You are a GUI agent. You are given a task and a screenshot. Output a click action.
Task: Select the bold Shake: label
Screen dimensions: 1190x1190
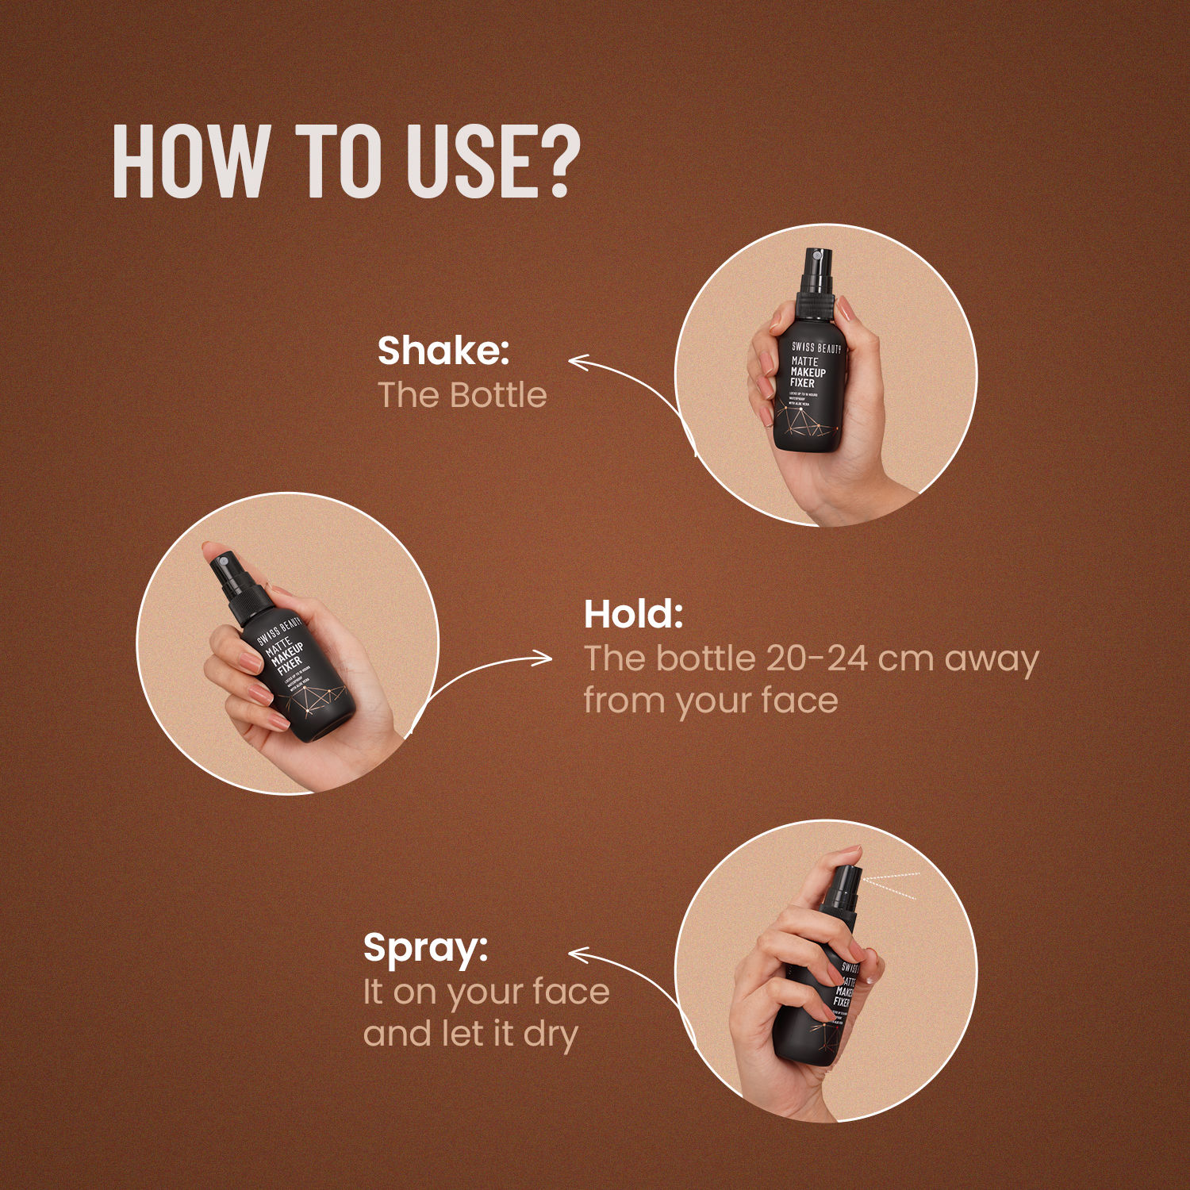pos(443,351)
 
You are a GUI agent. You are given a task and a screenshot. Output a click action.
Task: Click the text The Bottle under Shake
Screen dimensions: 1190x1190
pos(462,395)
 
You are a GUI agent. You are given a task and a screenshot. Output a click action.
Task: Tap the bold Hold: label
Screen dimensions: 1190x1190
pos(633,614)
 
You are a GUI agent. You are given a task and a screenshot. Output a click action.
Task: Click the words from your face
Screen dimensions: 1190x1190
pos(710,701)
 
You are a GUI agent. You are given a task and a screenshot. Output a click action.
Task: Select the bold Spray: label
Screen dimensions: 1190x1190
pos(425,947)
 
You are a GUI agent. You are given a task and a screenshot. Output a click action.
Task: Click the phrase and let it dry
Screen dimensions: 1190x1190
pos(470,1035)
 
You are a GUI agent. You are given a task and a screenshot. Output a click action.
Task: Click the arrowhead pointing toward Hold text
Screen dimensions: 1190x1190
pos(546,658)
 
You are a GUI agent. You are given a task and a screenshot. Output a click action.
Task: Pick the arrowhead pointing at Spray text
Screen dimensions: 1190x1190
pos(576,956)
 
